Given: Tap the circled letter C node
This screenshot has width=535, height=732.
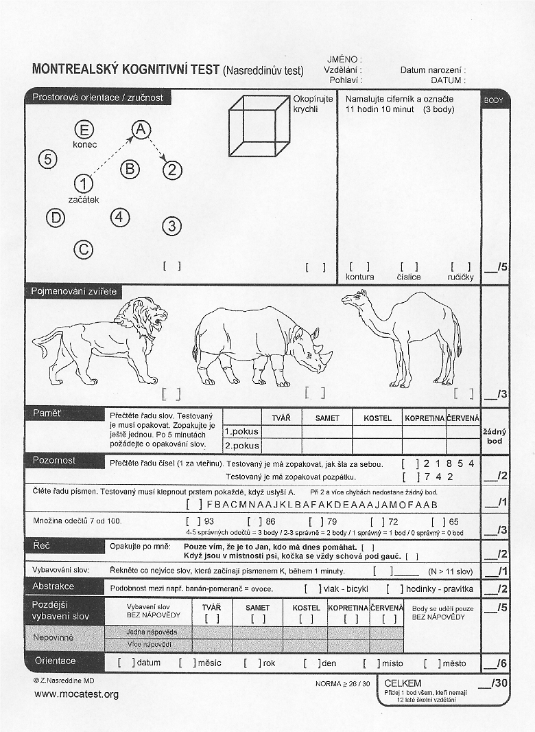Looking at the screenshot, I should pos(83,249).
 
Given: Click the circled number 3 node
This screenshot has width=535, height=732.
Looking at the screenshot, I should pos(172,226).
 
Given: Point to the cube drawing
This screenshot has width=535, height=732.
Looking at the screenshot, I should pos(258,126).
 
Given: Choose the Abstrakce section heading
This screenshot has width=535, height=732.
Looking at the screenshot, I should pos(53,586).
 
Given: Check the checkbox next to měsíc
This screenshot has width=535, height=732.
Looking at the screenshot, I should pos(184,663).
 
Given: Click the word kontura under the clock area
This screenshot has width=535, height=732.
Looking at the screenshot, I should pos(361,277).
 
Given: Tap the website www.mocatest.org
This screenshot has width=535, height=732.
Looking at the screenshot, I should pos(76,694).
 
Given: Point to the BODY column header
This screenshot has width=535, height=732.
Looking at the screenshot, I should pos(494,100).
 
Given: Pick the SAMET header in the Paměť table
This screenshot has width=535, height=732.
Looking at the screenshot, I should pos(327,418).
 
